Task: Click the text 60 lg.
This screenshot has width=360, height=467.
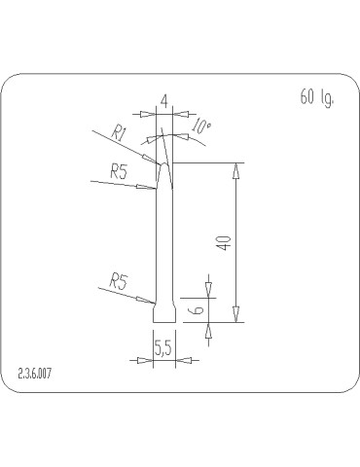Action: pyautogui.click(x=316, y=97)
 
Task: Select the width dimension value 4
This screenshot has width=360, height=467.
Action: pyautogui.click(x=164, y=102)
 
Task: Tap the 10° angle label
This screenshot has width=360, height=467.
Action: pyautogui.click(x=201, y=126)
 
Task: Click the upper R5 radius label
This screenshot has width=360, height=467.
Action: pyautogui.click(x=119, y=171)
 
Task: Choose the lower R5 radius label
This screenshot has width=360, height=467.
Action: pyautogui.click(x=119, y=281)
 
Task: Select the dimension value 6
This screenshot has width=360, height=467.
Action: pyautogui.click(x=198, y=309)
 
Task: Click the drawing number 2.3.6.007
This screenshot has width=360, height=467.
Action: pyautogui.click(x=34, y=374)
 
